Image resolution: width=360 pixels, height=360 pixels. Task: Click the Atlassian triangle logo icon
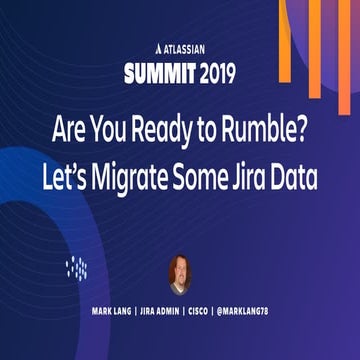(148, 47)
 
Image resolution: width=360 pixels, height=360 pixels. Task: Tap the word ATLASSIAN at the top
(185, 47)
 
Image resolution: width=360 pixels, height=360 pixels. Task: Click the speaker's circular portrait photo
(180, 273)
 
